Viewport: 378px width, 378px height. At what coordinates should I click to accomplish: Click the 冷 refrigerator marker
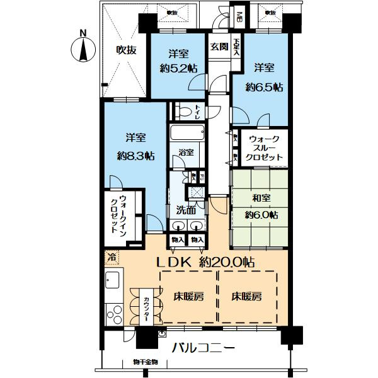coord(112,258)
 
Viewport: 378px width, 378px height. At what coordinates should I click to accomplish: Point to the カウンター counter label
coord(146,308)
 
